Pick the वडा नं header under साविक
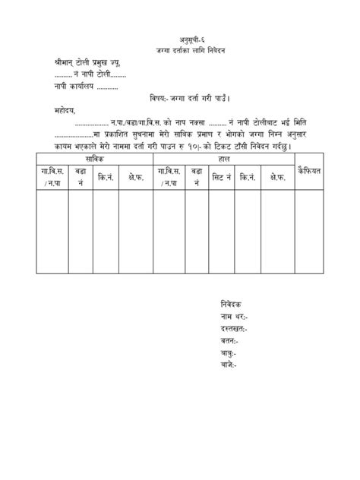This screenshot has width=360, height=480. click(80, 177)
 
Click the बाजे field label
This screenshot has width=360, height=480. click(228, 365)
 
